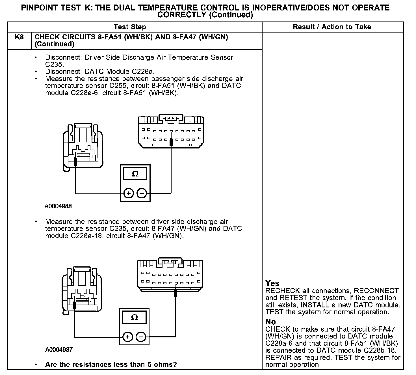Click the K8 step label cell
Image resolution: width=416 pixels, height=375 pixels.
point(19,37)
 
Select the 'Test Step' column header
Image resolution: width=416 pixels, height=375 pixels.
point(130,27)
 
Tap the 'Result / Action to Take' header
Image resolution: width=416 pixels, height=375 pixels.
point(332,27)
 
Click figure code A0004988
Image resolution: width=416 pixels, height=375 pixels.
point(58,206)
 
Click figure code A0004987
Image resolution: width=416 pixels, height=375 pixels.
point(58,350)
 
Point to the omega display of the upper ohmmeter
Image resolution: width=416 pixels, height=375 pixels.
point(135,174)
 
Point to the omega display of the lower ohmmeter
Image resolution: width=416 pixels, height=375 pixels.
point(135,317)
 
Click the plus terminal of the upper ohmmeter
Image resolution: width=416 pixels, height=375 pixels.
point(129,193)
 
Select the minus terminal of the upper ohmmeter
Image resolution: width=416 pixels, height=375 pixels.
point(142,193)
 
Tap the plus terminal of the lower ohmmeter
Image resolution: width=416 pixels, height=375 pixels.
point(128,337)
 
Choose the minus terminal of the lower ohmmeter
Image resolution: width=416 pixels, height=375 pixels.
point(141,337)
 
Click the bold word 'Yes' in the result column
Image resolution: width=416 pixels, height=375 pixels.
point(272,283)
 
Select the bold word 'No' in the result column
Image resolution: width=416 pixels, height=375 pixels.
point(270,322)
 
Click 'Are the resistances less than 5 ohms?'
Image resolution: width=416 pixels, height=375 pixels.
point(111,364)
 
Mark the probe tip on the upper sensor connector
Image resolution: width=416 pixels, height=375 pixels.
point(75,161)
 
